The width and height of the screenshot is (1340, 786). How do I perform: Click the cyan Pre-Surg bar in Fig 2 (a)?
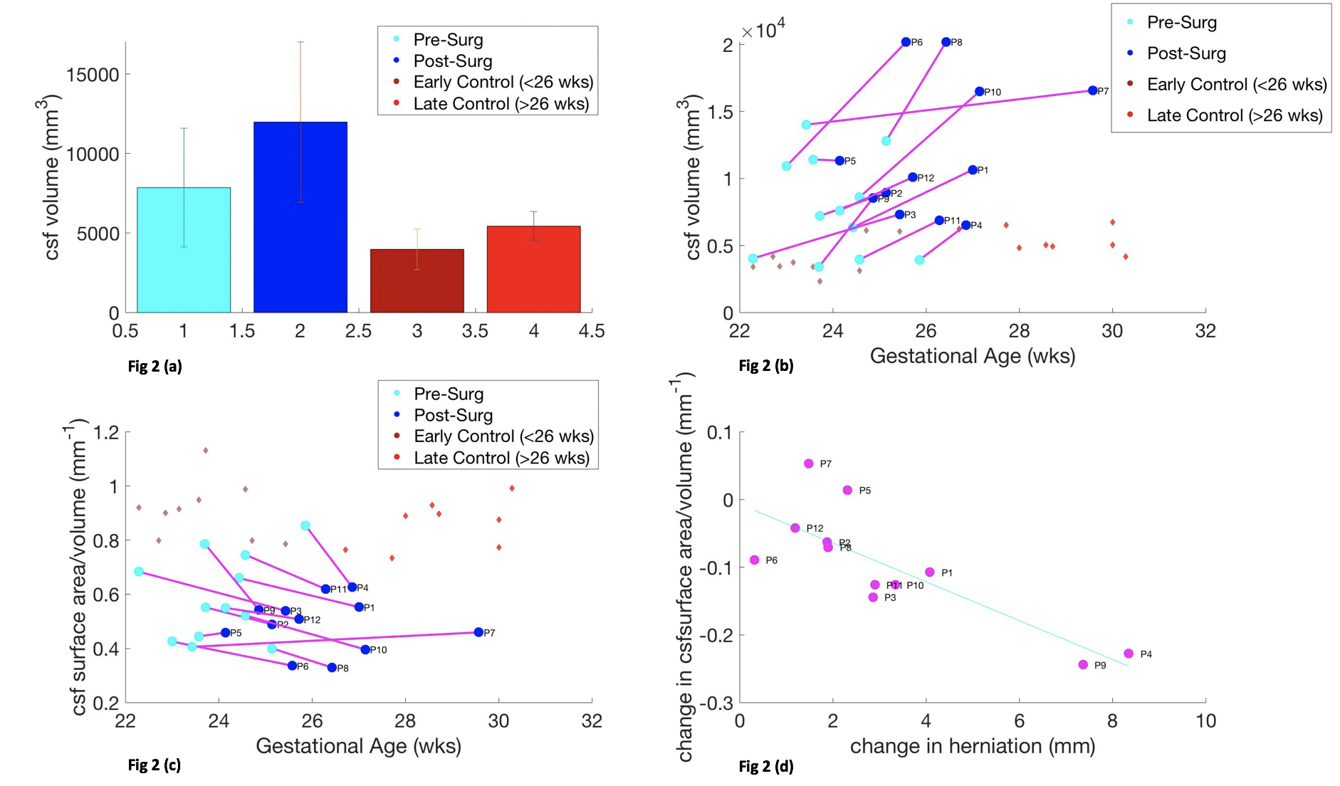coord(184,250)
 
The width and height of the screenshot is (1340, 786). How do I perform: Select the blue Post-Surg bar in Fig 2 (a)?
coord(300,217)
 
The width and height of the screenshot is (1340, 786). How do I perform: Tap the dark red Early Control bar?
coord(417,281)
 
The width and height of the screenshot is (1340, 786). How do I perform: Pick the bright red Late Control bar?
coord(533,269)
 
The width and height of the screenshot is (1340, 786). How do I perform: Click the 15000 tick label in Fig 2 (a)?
coord(93,75)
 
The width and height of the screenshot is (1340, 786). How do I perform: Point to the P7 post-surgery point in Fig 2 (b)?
coord(1092,90)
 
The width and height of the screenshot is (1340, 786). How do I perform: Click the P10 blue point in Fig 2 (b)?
coord(979,91)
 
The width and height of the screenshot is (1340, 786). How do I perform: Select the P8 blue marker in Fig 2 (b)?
coord(946,42)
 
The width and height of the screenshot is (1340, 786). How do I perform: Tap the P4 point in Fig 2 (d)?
coord(1129,654)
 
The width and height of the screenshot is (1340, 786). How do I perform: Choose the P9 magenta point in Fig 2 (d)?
coord(1083,664)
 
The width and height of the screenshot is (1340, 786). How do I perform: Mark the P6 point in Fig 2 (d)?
coord(755,560)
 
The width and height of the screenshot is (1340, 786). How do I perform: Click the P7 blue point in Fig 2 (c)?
coord(478,632)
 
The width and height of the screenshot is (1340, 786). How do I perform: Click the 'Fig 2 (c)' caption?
coord(155,765)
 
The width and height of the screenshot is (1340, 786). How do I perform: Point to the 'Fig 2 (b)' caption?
coord(766,366)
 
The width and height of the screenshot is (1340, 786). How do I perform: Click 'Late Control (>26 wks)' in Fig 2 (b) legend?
coord(1234,115)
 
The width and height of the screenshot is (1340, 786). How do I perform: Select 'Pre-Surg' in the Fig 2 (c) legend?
coord(449,394)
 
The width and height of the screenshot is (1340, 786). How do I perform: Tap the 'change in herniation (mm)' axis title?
coord(972,745)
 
